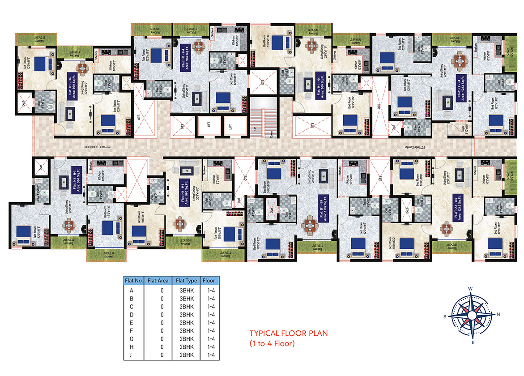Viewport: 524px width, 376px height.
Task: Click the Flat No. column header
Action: click(x=134, y=281)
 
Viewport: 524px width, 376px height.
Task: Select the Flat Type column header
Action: click(x=187, y=281)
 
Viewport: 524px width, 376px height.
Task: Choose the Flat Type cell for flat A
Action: click(x=187, y=291)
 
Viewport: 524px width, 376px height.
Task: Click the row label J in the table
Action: click(x=132, y=355)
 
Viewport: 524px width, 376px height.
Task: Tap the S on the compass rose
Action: click(x=444, y=316)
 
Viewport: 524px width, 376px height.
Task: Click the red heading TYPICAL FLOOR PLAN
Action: click(x=289, y=333)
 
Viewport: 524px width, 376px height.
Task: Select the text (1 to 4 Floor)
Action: click(x=272, y=344)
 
